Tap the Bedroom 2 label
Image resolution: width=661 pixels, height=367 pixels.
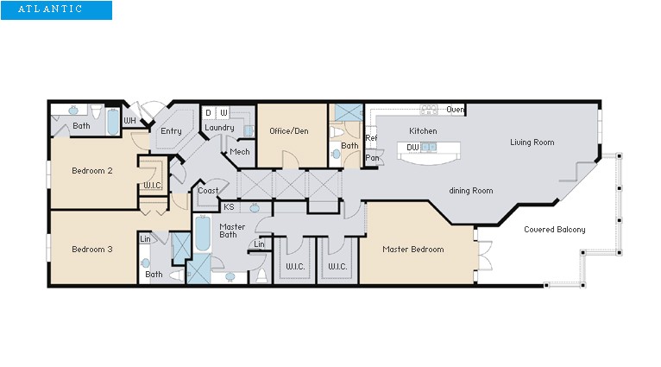click(x=92, y=171)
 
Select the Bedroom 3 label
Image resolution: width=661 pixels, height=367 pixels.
click(x=92, y=250)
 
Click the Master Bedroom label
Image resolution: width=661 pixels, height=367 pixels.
click(x=413, y=250)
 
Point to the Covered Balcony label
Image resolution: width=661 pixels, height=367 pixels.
click(x=554, y=230)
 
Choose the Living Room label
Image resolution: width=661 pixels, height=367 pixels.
click(x=532, y=142)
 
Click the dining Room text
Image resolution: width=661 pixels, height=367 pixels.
click(x=470, y=190)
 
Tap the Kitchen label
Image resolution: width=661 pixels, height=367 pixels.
click(x=423, y=131)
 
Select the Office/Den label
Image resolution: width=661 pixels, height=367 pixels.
click(x=289, y=131)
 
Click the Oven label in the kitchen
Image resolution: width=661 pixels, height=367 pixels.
click(x=456, y=110)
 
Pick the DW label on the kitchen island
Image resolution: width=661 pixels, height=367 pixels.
click(x=412, y=148)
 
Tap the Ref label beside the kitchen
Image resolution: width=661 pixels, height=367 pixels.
click(x=371, y=138)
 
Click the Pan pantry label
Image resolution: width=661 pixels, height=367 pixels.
click(x=373, y=158)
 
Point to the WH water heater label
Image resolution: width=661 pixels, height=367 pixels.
click(x=129, y=120)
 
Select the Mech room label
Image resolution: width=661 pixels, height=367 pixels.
click(x=239, y=153)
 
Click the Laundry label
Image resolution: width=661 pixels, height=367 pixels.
click(x=219, y=128)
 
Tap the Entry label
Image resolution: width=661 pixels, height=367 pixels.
click(x=171, y=131)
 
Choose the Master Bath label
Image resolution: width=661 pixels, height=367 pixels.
click(x=232, y=231)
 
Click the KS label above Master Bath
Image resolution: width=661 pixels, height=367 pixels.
click(x=229, y=207)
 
